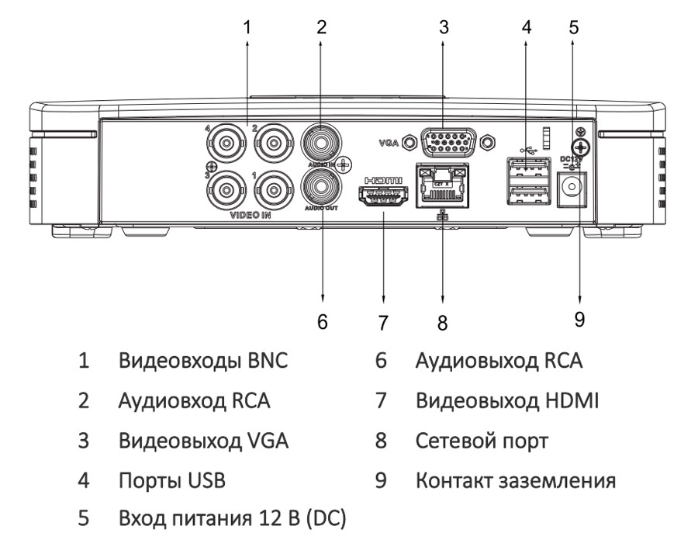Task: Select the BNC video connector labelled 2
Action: point(273,144)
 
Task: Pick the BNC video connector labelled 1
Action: point(273,189)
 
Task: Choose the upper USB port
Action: point(527,167)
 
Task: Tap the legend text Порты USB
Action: point(171,481)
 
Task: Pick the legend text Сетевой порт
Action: point(482,441)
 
